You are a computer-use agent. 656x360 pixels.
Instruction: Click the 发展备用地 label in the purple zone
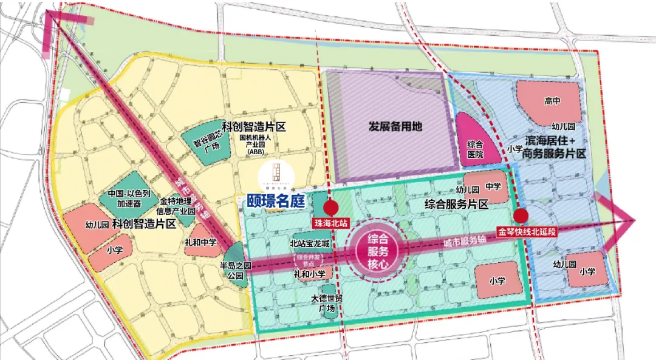(395, 127)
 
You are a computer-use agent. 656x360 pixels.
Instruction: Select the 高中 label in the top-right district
(552, 101)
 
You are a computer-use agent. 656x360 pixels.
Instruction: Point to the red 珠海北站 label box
(330, 223)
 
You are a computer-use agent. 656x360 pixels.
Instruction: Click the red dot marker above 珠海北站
(330, 206)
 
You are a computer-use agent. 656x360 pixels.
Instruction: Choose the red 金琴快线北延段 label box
(527, 231)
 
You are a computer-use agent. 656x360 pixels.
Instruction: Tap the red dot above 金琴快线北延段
(521, 216)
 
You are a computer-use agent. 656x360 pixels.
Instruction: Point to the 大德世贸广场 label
(327, 303)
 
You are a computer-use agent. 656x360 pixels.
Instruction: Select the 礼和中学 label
(202, 242)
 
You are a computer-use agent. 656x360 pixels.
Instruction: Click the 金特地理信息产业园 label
(177, 206)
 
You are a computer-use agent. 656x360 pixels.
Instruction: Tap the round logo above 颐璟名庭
(276, 174)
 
